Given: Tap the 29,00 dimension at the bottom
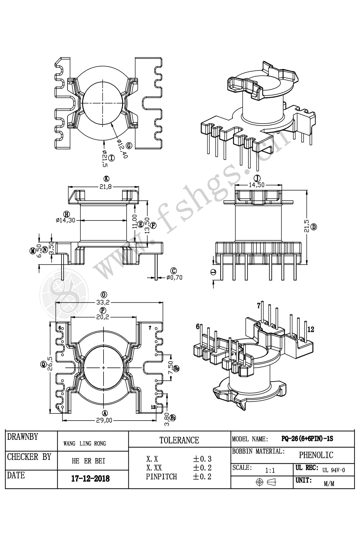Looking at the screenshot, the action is [x=104, y=420].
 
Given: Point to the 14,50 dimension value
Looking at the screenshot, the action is [x=256, y=185].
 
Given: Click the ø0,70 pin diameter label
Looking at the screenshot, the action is [x=174, y=277].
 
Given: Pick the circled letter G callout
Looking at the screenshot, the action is [x=129, y=146].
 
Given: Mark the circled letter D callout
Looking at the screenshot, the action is [x=314, y=227].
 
